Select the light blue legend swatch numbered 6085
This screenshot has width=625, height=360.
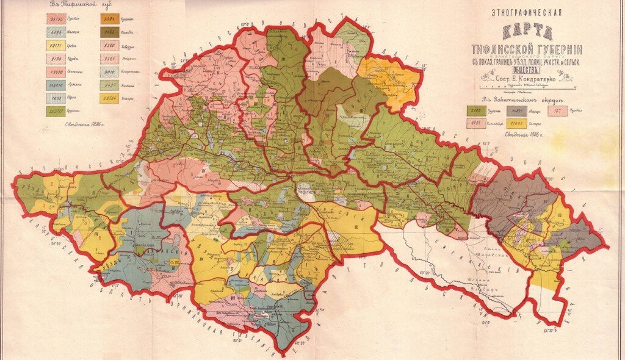point(57,32)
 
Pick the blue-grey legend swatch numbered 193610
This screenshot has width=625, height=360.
point(57,85)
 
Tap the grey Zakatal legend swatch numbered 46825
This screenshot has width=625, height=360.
point(525,110)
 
